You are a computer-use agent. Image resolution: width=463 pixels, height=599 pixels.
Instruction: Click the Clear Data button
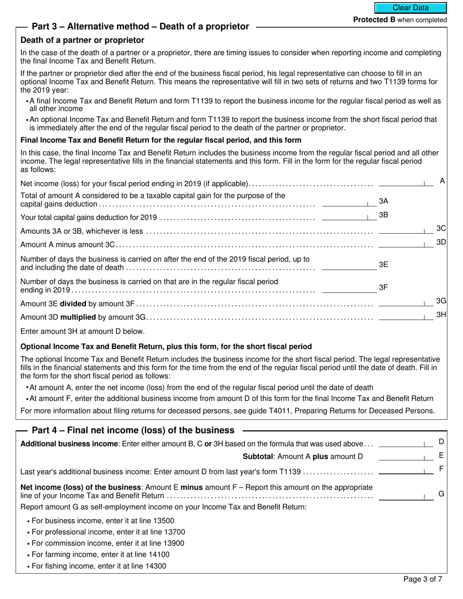click(x=410, y=8)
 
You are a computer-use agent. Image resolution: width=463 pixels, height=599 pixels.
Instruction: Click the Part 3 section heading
click(x=140, y=27)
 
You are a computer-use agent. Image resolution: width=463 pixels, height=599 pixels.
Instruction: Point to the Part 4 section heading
click(x=133, y=431)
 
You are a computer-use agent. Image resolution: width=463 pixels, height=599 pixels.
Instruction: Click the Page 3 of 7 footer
click(x=423, y=579)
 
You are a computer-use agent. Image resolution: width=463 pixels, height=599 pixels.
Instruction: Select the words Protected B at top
click(x=374, y=20)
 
